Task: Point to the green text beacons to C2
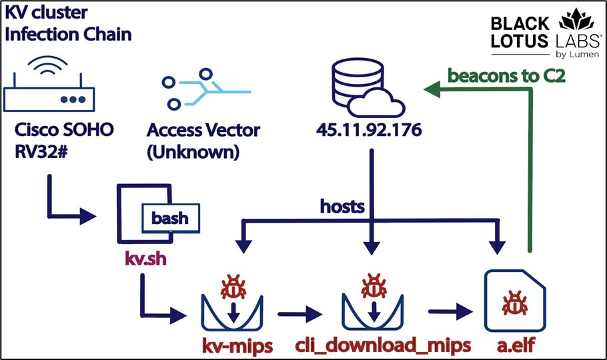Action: [506, 75]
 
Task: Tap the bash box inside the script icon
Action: [170, 218]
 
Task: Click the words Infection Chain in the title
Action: [68, 33]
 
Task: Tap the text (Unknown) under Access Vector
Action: [193, 152]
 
